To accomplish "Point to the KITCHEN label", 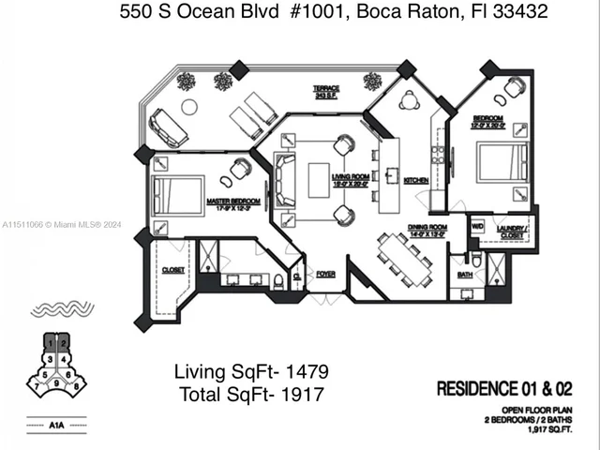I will pyautogui.click(x=416, y=180).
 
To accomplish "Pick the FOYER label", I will pyautogui.click(x=325, y=275).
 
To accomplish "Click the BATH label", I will pyautogui.click(x=465, y=276).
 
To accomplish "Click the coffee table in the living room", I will pyautogui.click(x=319, y=180).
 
